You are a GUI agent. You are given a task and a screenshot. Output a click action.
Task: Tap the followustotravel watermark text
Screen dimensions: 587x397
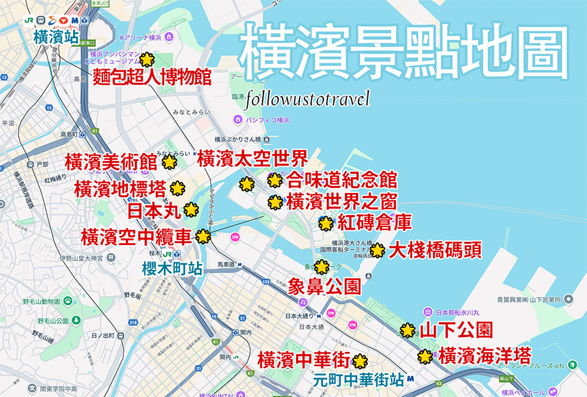pyautogui.click(x=309, y=99)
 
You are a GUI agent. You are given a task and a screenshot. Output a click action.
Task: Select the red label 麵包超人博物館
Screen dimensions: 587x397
pyautogui.click(x=152, y=77)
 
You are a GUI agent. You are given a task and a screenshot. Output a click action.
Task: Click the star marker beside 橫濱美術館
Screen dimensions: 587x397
pyautogui.click(x=169, y=162)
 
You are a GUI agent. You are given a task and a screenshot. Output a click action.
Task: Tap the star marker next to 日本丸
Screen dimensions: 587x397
pyautogui.click(x=191, y=210)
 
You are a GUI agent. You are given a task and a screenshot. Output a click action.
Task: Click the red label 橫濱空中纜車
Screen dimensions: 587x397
pyautogui.click(x=136, y=236)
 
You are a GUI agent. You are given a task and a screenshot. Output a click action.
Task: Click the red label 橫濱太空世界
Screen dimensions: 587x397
pyautogui.click(x=252, y=158)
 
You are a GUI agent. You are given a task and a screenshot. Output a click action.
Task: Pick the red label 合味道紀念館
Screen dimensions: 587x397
pyautogui.click(x=342, y=180)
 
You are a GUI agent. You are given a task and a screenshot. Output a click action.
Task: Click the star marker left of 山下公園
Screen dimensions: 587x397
pyautogui.click(x=408, y=331)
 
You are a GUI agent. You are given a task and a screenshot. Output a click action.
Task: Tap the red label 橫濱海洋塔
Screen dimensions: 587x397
pyautogui.click(x=485, y=356)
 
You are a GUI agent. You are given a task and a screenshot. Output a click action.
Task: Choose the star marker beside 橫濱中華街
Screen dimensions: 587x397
pyautogui.click(x=359, y=360)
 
